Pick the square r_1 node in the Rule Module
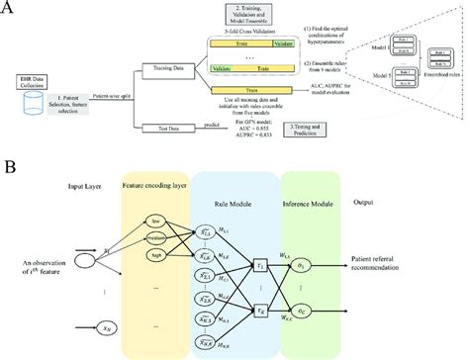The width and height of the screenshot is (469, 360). tap(260, 268)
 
